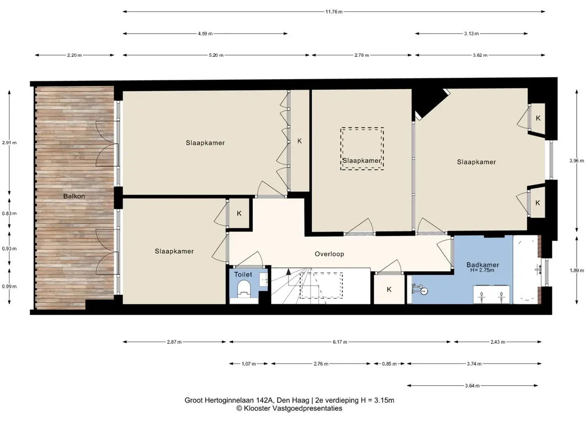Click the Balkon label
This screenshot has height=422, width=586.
(x=74, y=196)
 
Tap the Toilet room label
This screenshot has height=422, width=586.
(x=243, y=275)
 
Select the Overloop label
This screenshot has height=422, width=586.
(x=329, y=254)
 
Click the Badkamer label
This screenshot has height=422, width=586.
(x=483, y=265)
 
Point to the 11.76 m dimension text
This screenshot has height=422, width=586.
(x=334, y=12)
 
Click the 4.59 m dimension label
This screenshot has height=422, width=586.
(x=205, y=34)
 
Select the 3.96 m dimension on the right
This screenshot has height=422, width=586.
(x=576, y=161)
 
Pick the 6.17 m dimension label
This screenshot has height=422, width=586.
(x=340, y=342)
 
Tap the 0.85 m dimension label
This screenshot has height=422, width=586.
(x=389, y=364)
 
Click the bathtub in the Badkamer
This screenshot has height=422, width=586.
(x=526, y=270)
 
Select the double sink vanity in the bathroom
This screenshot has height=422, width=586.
(x=491, y=295)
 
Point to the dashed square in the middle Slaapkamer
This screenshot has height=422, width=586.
(x=362, y=149)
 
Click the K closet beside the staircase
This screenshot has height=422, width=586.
(x=389, y=290)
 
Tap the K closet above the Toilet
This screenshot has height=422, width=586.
(x=239, y=214)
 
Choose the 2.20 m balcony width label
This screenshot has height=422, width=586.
(x=74, y=55)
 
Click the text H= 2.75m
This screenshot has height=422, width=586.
(x=482, y=270)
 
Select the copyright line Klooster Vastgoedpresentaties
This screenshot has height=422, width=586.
(x=289, y=408)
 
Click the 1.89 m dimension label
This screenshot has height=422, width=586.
(x=574, y=271)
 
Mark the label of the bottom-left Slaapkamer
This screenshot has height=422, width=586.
(x=174, y=251)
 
